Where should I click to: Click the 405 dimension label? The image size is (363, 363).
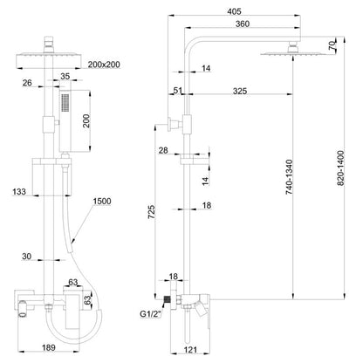point(234,11)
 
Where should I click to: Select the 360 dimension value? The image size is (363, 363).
point(243,24)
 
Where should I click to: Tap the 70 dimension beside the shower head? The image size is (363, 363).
point(332,45)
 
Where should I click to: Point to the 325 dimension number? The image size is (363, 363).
point(240,91)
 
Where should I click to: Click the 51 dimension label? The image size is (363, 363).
point(178,91)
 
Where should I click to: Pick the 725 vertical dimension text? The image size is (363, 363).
point(152,212)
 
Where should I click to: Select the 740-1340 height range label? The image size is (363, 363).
point(289,177)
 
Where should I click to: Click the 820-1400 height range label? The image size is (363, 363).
point(340,168)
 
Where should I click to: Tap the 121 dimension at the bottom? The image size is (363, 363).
point(190,350)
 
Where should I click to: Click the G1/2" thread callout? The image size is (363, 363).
point(150,314)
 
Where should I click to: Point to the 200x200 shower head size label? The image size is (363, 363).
point(104,65)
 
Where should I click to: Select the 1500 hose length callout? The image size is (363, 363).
point(102,201)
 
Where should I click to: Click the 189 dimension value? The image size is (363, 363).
point(49,347)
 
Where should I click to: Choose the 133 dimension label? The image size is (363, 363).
point(19,192)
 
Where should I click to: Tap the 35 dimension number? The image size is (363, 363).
point(65,76)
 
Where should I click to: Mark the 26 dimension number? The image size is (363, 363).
point(27,83)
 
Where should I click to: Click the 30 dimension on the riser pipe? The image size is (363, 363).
point(26,257)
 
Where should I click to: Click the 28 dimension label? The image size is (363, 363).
point(163,150)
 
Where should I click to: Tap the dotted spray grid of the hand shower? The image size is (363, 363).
point(65,102)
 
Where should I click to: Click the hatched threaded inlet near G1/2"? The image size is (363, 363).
point(167,299)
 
